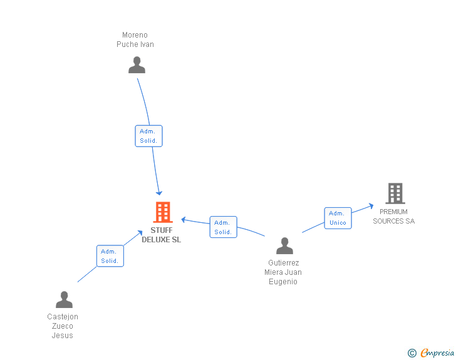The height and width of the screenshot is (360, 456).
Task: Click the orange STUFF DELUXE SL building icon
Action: tap(163, 212)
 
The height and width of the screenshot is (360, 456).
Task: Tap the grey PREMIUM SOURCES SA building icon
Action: tap(395, 193)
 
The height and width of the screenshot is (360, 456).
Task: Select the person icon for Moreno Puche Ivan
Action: tap(137, 64)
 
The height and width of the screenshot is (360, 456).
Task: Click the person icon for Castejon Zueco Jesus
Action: tap(64, 300)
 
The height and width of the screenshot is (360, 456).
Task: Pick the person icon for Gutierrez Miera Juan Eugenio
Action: tap(285, 246)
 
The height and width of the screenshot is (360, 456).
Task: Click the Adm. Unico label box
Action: tap(338, 218)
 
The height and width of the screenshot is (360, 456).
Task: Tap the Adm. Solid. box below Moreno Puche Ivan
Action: tap(148, 136)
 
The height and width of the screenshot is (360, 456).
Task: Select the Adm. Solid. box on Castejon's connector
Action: tap(110, 256)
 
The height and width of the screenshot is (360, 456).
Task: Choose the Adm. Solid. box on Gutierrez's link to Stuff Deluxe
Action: tap(223, 227)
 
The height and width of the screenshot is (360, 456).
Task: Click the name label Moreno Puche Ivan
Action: tap(135, 39)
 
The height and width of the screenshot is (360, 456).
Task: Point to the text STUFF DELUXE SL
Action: tap(162, 235)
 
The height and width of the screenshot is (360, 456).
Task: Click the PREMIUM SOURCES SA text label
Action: tap(394, 216)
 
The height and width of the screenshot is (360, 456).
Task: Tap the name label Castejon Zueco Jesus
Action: tap(63, 326)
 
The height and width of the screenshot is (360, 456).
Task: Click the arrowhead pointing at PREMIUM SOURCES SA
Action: tap(371, 205)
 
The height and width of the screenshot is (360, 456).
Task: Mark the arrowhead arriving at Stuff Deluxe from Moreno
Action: tap(159, 192)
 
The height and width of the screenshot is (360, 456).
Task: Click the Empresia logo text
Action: tap(437, 353)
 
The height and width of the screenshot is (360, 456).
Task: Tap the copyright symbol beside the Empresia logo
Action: tap(412, 353)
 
